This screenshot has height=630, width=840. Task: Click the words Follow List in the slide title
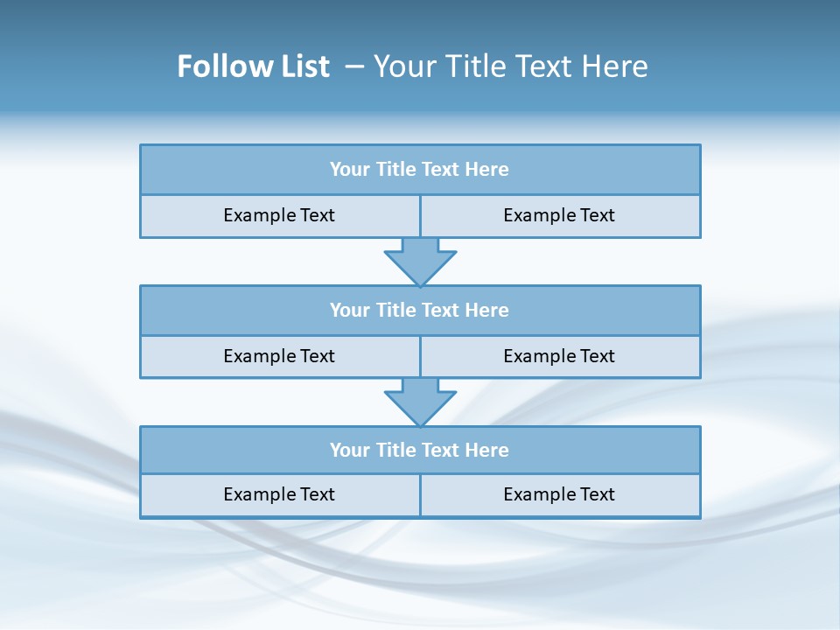[x=253, y=66]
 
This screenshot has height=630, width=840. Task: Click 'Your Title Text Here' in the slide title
[x=511, y=66]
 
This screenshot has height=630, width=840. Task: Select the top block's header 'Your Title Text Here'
[x=419, y=170]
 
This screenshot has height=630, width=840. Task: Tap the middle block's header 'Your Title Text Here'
[x=419, y=310]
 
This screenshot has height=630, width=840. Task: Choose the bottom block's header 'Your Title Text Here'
[x=419, y=450]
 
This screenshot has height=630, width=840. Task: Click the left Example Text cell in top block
[x=279, y=215]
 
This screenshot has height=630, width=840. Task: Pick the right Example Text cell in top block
[x=559, y=215]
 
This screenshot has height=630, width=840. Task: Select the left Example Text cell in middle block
[x=279, y=356]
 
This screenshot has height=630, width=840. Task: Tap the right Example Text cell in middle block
[x=559, y=356]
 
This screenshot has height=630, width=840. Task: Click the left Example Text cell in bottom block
[x=279, y=494]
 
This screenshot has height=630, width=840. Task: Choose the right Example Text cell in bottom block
[x=559, y=494]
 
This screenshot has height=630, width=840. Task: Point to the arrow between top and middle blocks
[x=420, y=261]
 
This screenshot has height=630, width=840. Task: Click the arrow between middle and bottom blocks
[x=420, y=402]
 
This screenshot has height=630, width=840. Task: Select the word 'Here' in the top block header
[x=487, y=170]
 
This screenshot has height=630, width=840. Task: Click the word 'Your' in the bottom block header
[x=349, y=450]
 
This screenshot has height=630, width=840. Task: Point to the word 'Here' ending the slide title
[x=617, y=66]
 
